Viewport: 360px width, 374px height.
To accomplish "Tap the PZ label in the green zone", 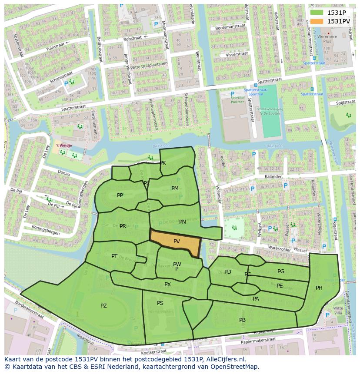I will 103,306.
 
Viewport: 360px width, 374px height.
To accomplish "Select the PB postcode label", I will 242,320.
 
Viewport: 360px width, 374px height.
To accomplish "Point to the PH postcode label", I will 319,288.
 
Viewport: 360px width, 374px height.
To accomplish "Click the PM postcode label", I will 175,189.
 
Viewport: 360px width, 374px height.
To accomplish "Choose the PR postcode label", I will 123,226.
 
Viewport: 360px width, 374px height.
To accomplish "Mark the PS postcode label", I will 160,303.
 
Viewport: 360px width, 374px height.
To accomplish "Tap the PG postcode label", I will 281,271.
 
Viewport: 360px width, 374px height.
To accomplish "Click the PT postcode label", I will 114,256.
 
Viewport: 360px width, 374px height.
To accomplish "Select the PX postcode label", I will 167,285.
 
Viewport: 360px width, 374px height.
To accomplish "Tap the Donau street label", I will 63,173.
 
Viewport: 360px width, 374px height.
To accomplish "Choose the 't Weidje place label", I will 63,146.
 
